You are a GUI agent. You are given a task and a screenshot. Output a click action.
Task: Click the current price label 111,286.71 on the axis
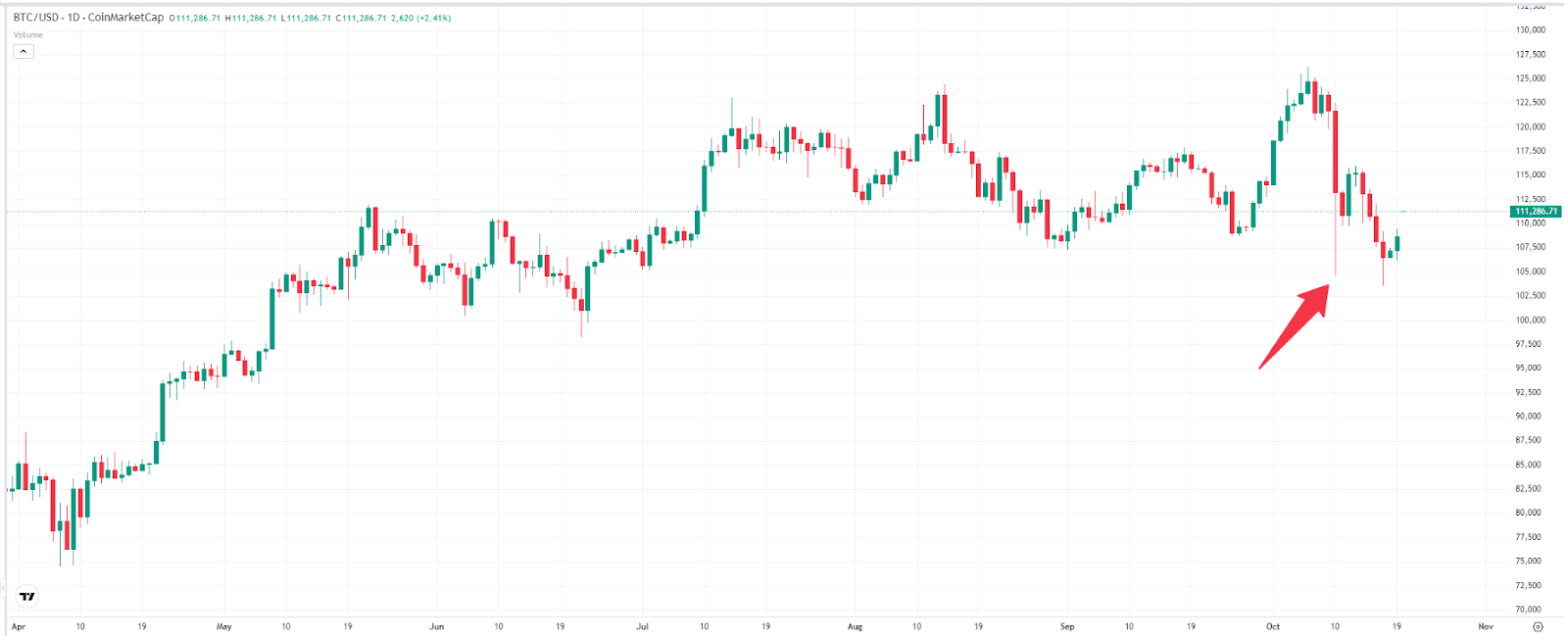click(1536, 212)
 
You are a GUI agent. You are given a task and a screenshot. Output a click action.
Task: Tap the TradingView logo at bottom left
click(27, 596)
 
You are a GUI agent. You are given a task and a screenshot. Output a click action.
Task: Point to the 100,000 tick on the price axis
click(1530, 321)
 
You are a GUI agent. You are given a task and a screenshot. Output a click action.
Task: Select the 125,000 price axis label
click(1530, 78)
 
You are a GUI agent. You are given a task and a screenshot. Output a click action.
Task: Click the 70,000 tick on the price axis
click(1530, 610)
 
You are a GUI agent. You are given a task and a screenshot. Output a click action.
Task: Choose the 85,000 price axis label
click(1530, 466)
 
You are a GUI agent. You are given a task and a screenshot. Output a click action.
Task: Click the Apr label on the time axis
click(18, 626)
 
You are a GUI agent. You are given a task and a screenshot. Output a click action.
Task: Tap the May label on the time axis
click(224, 626)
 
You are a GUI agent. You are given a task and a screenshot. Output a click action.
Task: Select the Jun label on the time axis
click(436, 626)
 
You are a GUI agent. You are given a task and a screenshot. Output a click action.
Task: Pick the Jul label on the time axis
click(642, 626)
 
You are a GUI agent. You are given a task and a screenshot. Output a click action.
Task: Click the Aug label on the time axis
click(855, 626)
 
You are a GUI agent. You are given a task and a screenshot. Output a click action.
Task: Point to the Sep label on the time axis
click(1067, 626)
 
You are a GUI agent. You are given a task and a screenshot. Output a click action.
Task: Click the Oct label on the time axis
click(1273, 626)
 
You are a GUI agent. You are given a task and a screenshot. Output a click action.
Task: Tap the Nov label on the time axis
click(1486, 626)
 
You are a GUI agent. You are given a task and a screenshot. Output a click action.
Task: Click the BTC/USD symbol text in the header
click(35, 18)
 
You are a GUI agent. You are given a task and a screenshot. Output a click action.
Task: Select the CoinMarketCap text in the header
click(125, 18)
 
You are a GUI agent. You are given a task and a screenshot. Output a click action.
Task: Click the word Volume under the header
click(27, 35)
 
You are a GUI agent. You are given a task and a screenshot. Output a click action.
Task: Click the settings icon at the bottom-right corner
click(1538, 626)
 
